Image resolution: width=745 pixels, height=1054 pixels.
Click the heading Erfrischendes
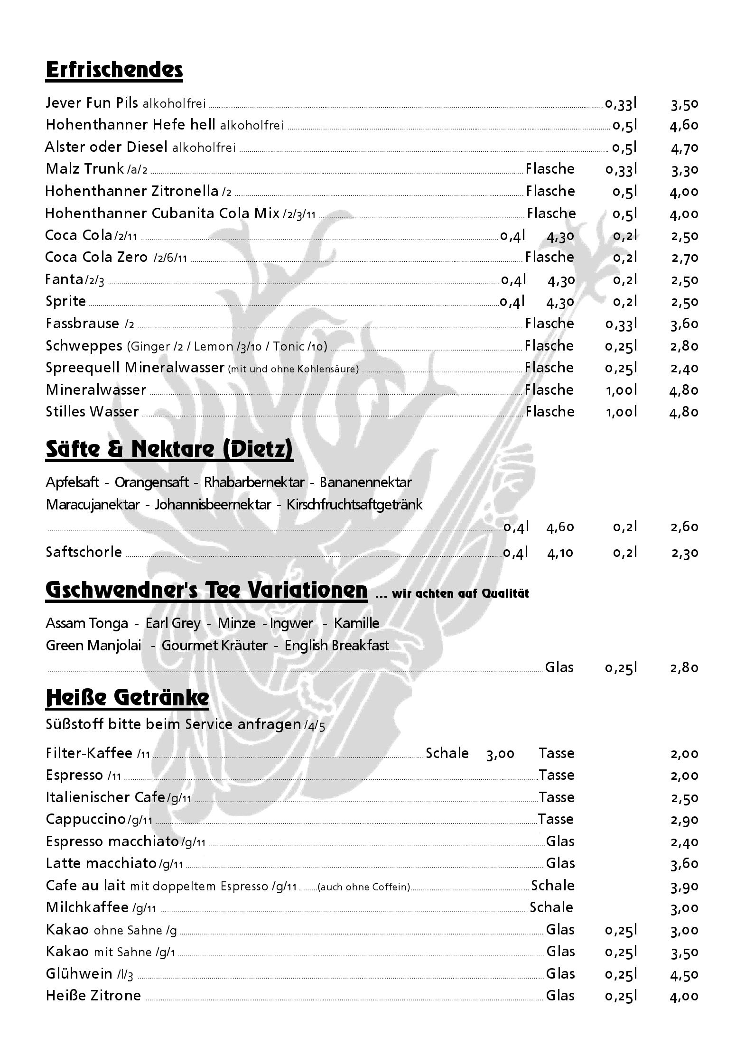pyautogui.click(x=114, y=70)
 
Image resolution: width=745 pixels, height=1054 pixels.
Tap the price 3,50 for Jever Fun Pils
pyautogui.click(x=684, y=104)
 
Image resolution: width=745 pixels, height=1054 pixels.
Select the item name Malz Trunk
pyautogui.click(x=84, y=169)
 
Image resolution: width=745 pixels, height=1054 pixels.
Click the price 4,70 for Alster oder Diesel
pyautogui.click(x=684, y=148)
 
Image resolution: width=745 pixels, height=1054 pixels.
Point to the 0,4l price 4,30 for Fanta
pyautogui.click(x=561, y=280)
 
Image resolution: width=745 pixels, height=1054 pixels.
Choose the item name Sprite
pyautogui.click(x=66, y=301)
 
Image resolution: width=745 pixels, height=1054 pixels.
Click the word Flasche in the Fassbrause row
pyautogui.click(x=549, y=324)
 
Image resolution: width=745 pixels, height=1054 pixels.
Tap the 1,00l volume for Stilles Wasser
pyautogui.click(x=621, y=412)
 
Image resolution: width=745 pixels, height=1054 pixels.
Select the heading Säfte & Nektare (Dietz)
pyautogui.click(x=169, y=449)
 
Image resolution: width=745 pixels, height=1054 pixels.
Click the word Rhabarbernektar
pyautogui.click(x=254, y=482)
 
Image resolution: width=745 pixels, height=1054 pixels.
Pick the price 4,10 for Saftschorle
pyautogui.click(x=560, y=553)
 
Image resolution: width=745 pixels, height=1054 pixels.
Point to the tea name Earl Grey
pyautogui.click(x=173, y=623)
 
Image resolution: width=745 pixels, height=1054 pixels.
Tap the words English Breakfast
pyautogui.click(x=336, y=646)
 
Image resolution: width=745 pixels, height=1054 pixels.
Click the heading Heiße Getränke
pyautogui.click(x=127, y=697)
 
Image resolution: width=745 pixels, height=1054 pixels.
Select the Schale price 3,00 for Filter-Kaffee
pyautogui.click(x=500, y=754)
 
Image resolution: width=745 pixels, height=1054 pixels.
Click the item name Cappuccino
pyautogui.click(x=85, y=819)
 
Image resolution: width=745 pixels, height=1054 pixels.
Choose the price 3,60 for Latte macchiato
pyautogui.click(x=684, y=864)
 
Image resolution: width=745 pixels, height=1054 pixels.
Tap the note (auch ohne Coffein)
pyautogui.click(x=363, y=887)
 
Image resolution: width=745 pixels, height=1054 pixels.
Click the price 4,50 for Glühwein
pyautogui.click(x=684, y=975)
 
